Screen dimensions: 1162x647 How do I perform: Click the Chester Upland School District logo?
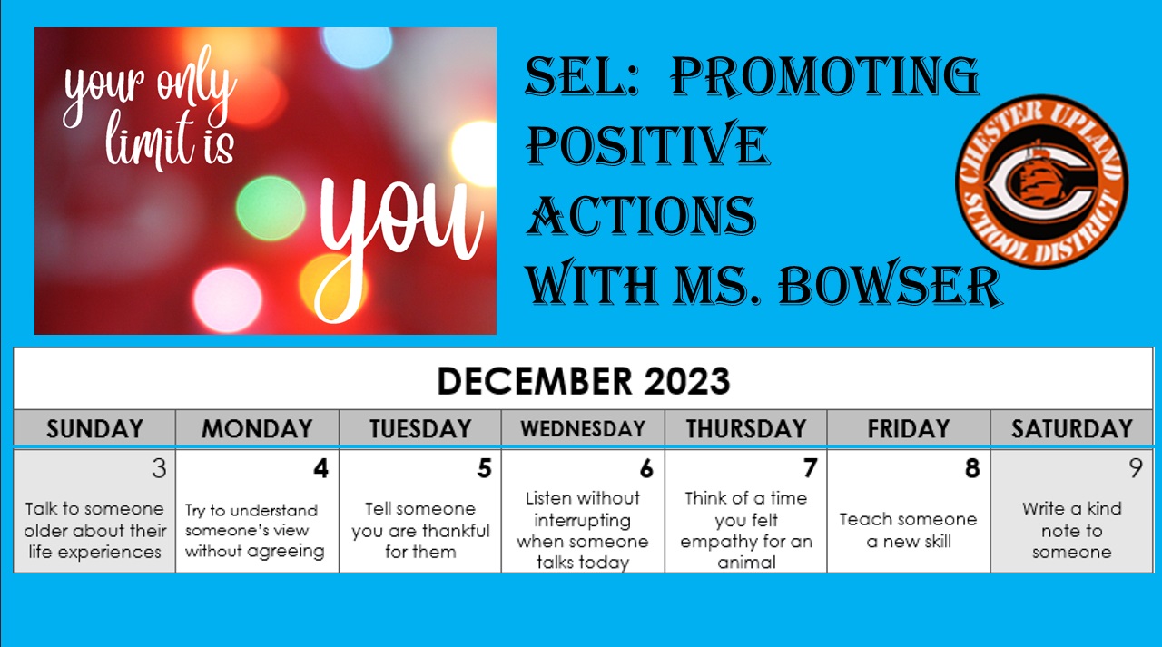tap(1041, 181)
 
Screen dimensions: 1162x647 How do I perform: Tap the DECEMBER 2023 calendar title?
tap(584, 381)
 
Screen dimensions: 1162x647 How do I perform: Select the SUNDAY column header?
tap(95, 428)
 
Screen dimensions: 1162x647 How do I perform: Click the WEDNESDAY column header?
tap(583, 428)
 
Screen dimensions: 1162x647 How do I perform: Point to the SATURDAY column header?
tap(1072, 428)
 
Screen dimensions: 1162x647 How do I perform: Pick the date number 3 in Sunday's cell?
tap(159, 468)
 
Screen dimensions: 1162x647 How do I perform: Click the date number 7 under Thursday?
tap(810, 468)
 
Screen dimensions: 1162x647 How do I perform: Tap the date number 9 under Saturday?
tap(1136, 468)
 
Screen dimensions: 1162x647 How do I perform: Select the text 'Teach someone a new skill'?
tap(909, 530)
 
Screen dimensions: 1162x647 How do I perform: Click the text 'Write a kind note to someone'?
tap(1072, 530)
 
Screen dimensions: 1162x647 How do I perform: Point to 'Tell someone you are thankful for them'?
tap(420, 530)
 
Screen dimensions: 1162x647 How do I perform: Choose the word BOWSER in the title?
tap(891, 285)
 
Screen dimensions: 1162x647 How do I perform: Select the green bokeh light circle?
tap(271, 208)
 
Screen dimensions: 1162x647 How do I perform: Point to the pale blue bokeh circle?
tap(357, 46)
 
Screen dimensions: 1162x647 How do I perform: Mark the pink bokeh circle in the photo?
tap(228, 299)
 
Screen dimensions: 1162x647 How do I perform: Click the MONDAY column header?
tap(257, 428)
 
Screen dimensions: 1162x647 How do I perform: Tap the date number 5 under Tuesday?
tap(484, 468)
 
